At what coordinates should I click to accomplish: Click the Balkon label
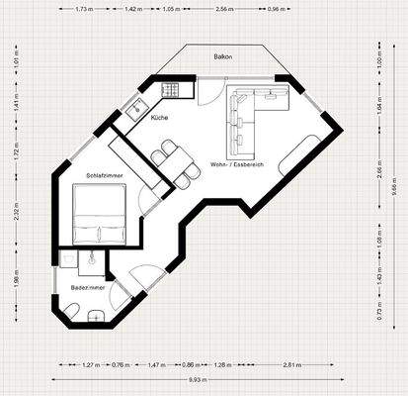pyautogui.click(x=222, y=56)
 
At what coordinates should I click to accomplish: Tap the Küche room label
pyautogui.click(x=159, y=118)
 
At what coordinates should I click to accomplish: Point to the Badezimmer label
pyautogui.click(x=86, y=287)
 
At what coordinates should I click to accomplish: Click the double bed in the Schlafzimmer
pyautogui.click(x=100, y=217)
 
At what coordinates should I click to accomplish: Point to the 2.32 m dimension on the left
pyautogui.click(x=18, y=213)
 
